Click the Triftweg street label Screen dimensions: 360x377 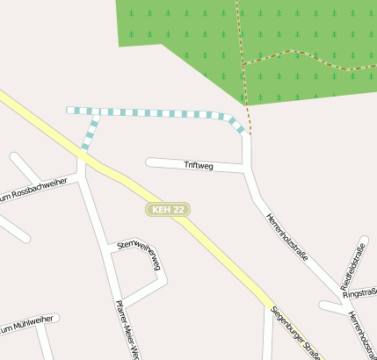tap(199, 165)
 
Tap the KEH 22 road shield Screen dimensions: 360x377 tap(168, 210)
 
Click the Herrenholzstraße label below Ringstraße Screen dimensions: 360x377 tap(361, 335)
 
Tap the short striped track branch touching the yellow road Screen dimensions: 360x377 tap(89, 134)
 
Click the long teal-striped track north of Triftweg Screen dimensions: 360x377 tap(158, 113)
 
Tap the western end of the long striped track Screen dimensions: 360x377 tap(69, 111)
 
